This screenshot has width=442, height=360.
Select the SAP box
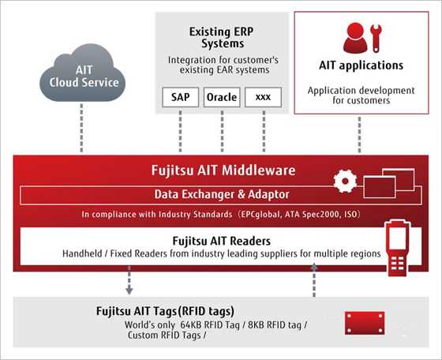coord(177,98)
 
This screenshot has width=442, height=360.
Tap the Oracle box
coord(222,98)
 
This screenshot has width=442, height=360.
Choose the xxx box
coord(263,98)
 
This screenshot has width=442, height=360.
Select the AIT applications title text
coord(361,65)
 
